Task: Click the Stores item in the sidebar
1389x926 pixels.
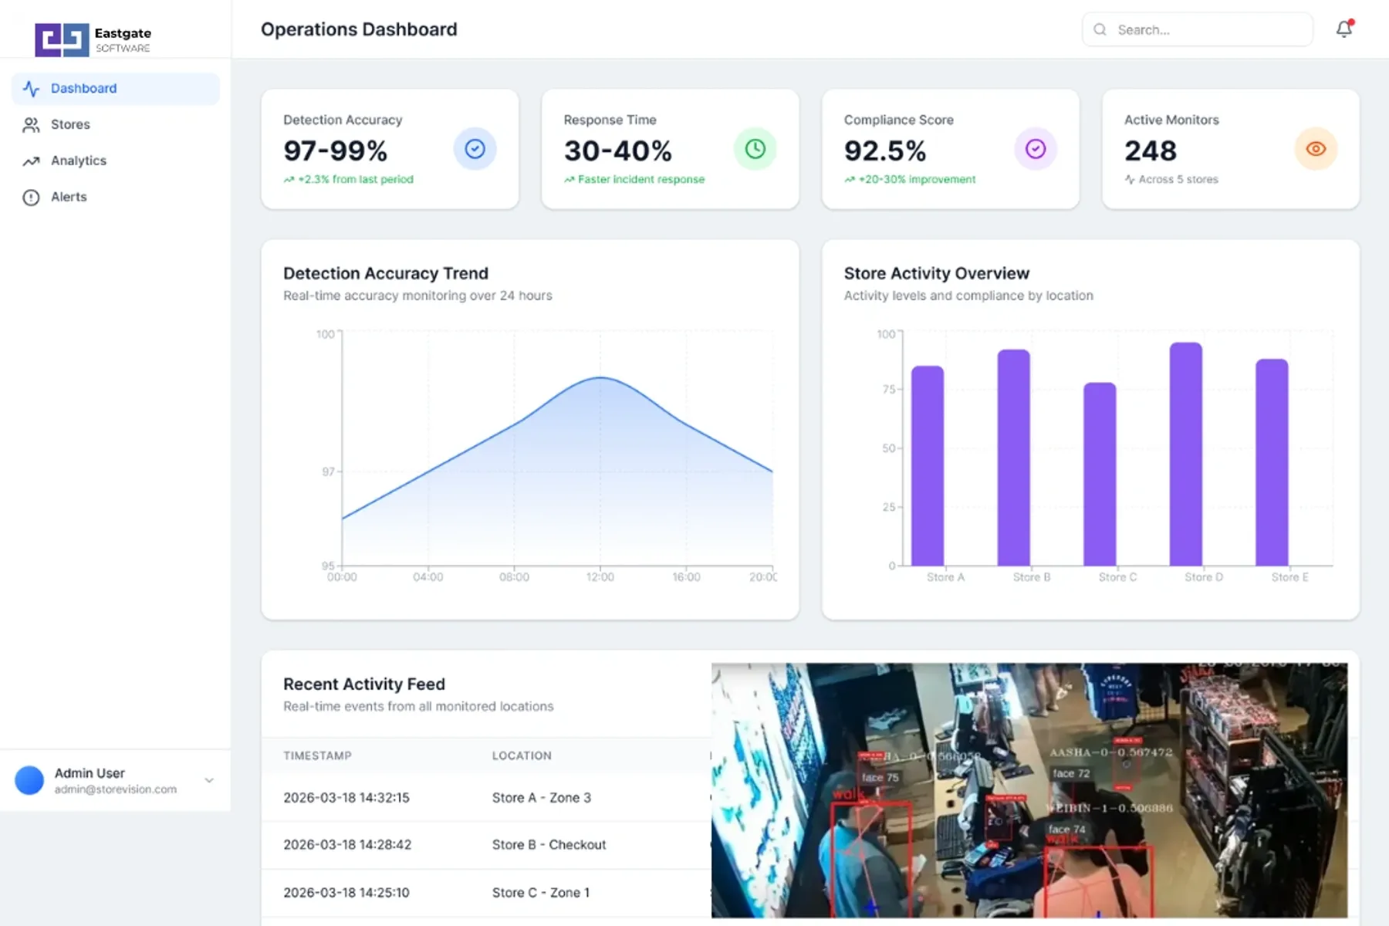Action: [69, 124]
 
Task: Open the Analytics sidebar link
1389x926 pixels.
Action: [78, 161]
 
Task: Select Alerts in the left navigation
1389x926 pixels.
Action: [68, 197]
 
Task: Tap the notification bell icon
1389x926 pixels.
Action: [1343, 29]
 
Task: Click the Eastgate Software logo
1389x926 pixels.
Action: [93, 39]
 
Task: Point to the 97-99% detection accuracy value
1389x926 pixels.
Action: [335, 150]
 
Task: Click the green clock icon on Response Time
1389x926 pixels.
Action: [755, 149]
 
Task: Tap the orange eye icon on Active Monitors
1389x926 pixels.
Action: [1315, 149]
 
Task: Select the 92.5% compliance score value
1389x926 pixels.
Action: [884, 150]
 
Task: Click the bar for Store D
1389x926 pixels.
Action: [1185, 455]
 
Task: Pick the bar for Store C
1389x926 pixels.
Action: [1100, 475]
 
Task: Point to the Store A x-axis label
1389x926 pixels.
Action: [945, 577]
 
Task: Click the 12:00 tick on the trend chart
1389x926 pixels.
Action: [600, 577]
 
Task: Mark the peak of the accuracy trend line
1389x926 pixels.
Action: [600, 377]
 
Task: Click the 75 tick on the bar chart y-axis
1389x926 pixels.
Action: [888, 390]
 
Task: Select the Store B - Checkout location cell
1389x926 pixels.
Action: [549, 844]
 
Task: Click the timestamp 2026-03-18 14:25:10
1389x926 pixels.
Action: [346, 892]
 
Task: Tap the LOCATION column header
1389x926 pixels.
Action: [522, 755]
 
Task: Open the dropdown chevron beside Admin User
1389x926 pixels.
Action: [209, 780]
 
